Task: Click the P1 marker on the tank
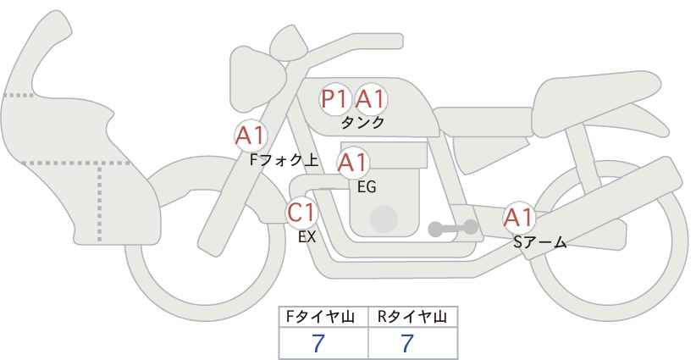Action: pyautogui.click(x=334, y=99)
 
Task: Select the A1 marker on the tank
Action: pyautogui.click(x=370, y=99)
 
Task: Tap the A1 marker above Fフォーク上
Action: pyautogui.click(x=251, y=136)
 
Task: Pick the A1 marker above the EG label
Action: pyautogui.click(x=352, y=163)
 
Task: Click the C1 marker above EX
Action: pyautogui.click(x=301, y=213)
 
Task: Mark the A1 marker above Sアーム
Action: pyautogui.click(x=518, y=218)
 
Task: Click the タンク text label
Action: pyautogui.click(x=362, y=123)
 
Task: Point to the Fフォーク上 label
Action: pyautogui.click(x=284, y=160)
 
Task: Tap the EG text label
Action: pyautogui.click(x=367, y=187)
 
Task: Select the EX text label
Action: pyautogui.click(x=307, y=237)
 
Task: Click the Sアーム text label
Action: pyautogui.click(x=539, y=242)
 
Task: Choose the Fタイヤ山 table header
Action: pyautogui.click(x=320, y=317)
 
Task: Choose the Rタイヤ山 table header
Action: pyautogui.click(x=412, y=317)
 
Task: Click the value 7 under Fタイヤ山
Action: pyautogui.click(x=318, y=343)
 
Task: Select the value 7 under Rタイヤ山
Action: pyautogui.click(x=406, y=343)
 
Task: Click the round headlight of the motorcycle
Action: pyautogui.click(x=257, y=79)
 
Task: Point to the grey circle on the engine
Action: pyautogui.click(x=384, y=219)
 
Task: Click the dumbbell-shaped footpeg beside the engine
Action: pyautogui.click(x=453, y=228)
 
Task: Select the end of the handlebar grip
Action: pyautogui.click(x=400, y=42)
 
